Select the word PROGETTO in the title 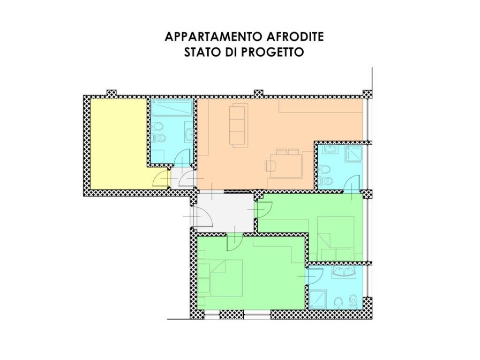(272, 52)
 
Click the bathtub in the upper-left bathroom (172, 107)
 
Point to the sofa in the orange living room (237, 125)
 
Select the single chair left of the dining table (270, 165)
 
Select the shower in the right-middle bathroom (353, 154)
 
